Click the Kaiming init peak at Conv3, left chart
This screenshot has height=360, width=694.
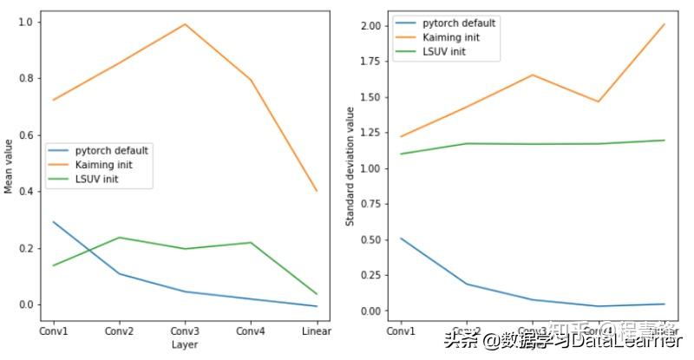185,24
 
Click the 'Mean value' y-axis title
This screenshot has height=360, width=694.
9,165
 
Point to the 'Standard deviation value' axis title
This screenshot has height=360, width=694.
350,166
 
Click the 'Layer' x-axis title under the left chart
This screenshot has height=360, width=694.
185,344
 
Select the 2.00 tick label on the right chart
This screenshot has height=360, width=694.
370,26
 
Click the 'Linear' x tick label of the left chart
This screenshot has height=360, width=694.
317,331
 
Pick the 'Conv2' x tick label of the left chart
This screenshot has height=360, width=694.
119,331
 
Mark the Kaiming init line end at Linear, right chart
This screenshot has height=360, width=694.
664,24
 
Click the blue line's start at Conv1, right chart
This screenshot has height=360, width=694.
400,238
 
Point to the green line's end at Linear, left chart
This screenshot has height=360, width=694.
317,294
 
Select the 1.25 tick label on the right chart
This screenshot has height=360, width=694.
370,133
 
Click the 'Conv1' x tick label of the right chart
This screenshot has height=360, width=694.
400,331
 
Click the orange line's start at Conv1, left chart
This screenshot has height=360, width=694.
53,100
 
